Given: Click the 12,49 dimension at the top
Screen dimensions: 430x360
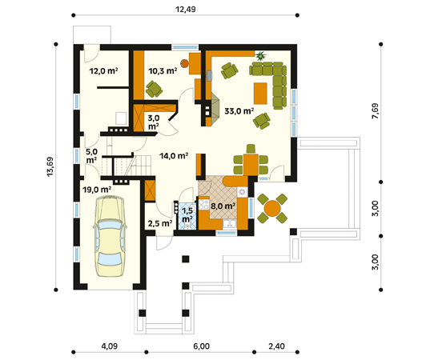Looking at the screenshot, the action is (x=186, y=10).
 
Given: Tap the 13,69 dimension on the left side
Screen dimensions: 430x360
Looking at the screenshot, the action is (x=50, y=166).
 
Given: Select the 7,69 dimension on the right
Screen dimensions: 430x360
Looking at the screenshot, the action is (x=376, y=111).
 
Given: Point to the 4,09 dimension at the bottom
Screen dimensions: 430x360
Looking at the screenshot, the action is (x=110, y=346).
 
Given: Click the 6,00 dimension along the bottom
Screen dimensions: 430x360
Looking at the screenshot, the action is (x=202, y=346).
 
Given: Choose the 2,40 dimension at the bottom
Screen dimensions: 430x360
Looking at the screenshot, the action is (x=277, y=346).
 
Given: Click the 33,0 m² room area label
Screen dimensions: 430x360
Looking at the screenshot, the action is (x=239, y=111).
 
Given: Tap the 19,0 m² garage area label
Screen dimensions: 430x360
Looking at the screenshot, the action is (x=97, y=190).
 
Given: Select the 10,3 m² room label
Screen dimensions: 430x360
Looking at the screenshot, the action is (x=163, y=71).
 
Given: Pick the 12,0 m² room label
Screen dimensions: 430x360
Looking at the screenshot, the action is (x=103, y=71).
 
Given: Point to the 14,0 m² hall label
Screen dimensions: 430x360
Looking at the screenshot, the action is (x=174, y=156).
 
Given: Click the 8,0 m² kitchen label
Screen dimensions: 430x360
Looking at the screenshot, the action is (x=223, y=206).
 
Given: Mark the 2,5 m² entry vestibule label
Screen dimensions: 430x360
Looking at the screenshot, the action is (x=160, y=223).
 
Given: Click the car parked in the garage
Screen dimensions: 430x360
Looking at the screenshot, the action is (x=109, y=236).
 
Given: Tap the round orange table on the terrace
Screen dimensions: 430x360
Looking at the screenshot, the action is (x=272, y=208).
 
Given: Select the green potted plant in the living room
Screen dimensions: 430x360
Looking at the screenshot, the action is (x=260, y=56).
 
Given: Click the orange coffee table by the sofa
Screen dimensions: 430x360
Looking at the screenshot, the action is (x=260, y=94).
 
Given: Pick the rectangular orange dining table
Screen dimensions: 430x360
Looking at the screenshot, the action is (x=251, y=164).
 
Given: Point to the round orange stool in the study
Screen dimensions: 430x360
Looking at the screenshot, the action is (x=184, y=63).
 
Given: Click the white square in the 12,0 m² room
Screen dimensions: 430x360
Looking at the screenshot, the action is (x=121, y=118).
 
